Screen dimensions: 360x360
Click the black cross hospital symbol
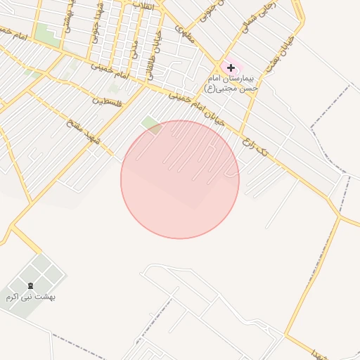pyautogui.click(x=231, y=67)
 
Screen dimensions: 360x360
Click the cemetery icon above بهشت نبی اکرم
pyautogui.click(x=30, y=285)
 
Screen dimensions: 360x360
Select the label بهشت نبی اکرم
pyautogui.click(x=30, y=297)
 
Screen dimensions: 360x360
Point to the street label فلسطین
pyautogui.click(x=107, y=102)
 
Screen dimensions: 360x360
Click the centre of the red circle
pyautogui.click(x=180, y=179)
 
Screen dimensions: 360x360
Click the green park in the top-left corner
pyautogui.click(x=47, y=34)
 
